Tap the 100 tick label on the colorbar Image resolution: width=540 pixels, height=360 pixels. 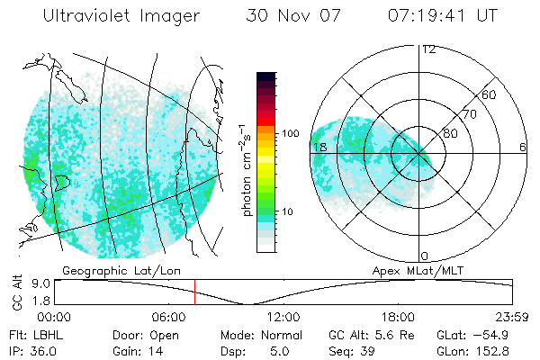click(x=290, y=133)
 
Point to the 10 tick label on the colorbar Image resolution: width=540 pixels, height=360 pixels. click(x=287, y=211)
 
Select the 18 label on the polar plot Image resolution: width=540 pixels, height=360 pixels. click(x=319, y=147)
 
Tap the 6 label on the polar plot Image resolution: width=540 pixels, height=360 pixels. click(x=523, y=147)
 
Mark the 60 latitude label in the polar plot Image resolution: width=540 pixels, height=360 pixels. click(x=490, y=94)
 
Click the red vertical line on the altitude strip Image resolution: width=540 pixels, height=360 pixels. click(x=194, y=292)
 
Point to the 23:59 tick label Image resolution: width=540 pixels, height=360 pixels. click(x=513, y=317)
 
